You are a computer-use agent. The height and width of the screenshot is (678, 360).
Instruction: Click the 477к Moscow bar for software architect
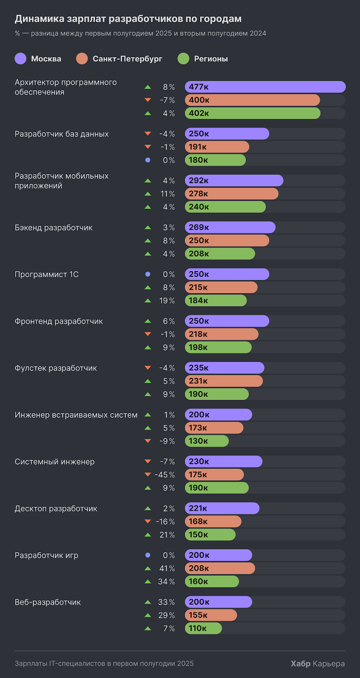click(x=265, y=87)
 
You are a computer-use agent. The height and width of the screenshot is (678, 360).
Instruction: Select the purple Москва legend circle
click(x=20, y=59)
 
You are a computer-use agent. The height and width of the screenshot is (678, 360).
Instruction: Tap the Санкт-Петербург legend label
click(x=127, y=59)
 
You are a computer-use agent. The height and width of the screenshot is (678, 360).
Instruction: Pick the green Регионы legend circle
click(x=183, y=59)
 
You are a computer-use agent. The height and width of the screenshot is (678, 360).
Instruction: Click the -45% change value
click(x=165, y=475)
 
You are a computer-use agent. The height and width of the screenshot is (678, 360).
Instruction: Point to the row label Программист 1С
click(x=47, y=275)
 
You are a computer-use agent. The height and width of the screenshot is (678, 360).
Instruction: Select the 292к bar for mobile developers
click(x=234, y=181)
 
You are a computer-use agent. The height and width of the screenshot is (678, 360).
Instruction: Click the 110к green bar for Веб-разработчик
click(x=203, y=628)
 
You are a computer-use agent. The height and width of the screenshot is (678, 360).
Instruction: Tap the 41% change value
click(x=166, y=568)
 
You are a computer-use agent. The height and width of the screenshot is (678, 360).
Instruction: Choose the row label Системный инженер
click(x=55, y=462)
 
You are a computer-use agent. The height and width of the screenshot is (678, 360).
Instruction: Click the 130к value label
click(x=198, y=441)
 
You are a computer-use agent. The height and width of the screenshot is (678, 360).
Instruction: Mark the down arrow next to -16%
click(x=148, y=522)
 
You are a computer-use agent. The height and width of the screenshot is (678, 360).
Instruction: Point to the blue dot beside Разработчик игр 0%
click(x=148, y=555)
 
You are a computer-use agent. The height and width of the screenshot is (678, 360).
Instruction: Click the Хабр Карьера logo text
click(x=318, y=664)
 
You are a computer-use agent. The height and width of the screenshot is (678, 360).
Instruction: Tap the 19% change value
click(x=166, y=300)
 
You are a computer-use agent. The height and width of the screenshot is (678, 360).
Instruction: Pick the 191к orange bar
click(x=217, y=147)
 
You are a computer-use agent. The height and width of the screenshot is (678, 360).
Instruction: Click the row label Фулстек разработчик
click(x=56, y=368)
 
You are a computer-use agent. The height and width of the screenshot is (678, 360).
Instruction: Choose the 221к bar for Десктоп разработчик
click(x=222, y=508)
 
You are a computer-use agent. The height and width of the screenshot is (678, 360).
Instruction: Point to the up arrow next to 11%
click(x=148, y=194)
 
